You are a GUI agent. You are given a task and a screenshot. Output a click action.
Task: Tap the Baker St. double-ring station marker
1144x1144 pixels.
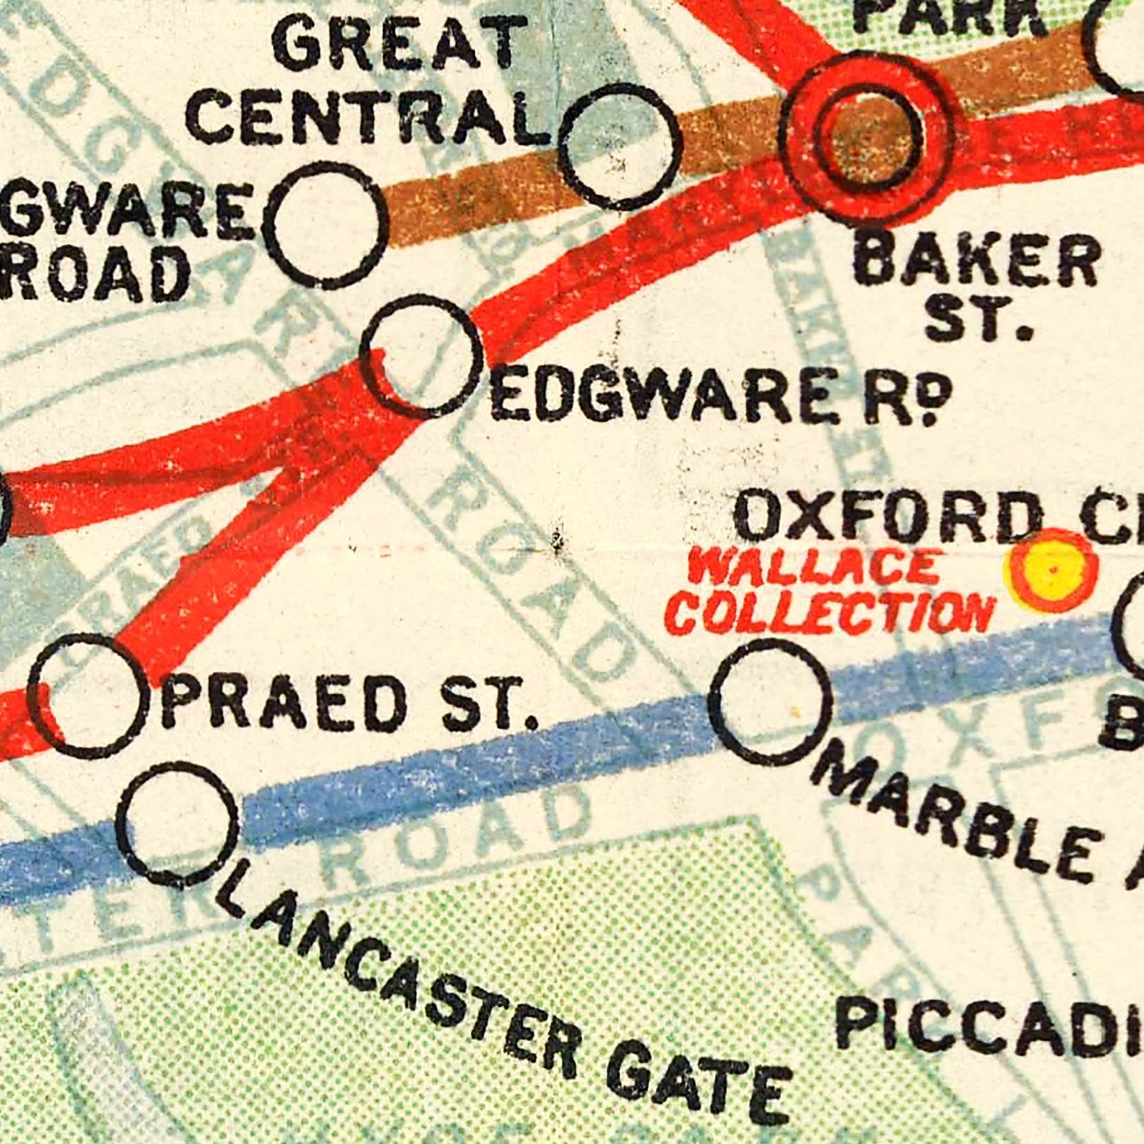(866, 137)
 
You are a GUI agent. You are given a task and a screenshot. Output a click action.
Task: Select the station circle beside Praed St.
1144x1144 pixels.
(85, 696)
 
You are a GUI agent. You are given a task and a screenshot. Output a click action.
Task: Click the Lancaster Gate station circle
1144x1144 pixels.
(178, 824)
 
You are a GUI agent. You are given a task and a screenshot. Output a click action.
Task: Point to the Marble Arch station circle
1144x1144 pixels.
(770, 702)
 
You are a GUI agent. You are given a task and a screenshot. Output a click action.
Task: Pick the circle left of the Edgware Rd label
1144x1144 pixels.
(422, 355)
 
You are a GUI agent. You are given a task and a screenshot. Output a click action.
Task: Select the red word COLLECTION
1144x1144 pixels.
(831, 612)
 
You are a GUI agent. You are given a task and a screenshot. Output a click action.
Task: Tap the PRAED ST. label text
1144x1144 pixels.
(347, 702)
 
